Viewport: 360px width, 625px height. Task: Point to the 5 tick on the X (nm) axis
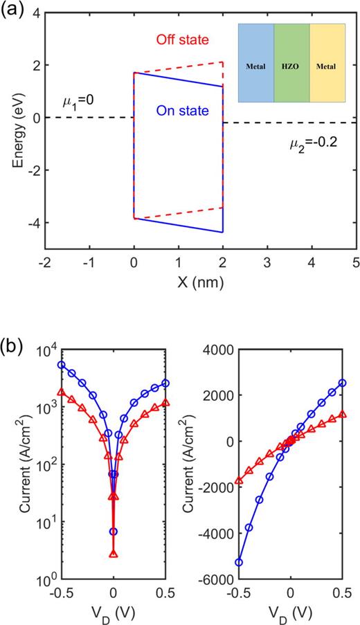[x=354, y=262]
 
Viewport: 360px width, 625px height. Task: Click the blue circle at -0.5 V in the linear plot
[x=239, y=562]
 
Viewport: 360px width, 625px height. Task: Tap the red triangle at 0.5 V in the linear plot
[x=342, y=415]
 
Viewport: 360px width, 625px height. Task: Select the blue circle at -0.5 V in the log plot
[x=62, y=365]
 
